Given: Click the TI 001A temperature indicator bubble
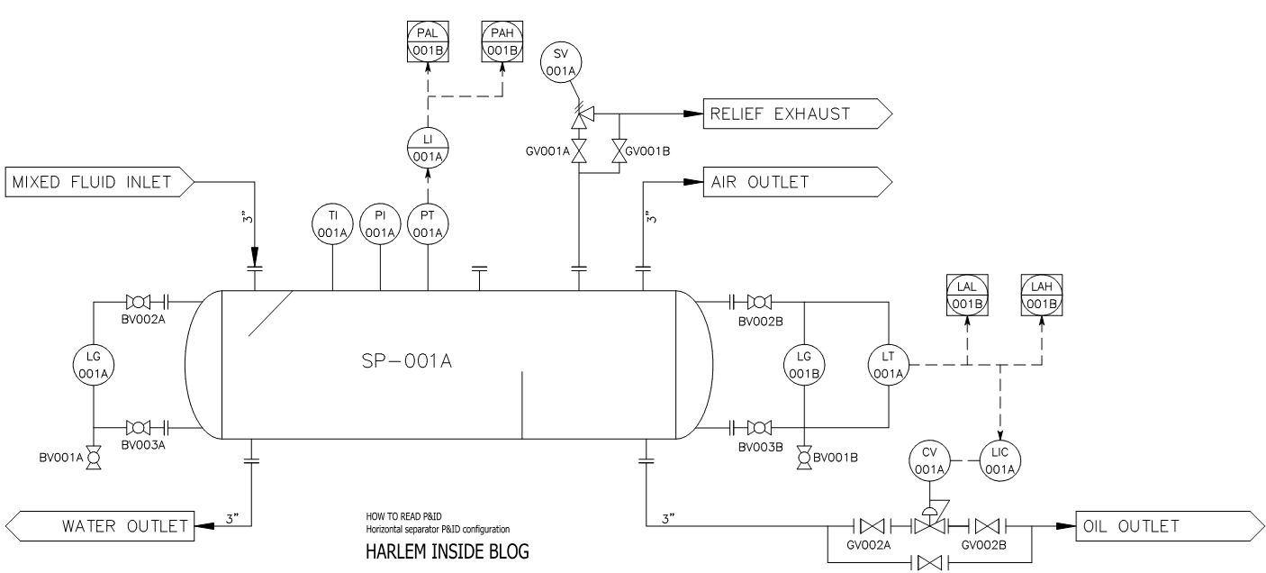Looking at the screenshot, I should (x=332, y=223).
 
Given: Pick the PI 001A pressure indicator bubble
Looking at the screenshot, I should (x=380, y=223).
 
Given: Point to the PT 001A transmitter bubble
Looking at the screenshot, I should (x=428, y=223).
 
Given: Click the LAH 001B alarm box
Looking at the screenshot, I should (x=1042, y=294).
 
